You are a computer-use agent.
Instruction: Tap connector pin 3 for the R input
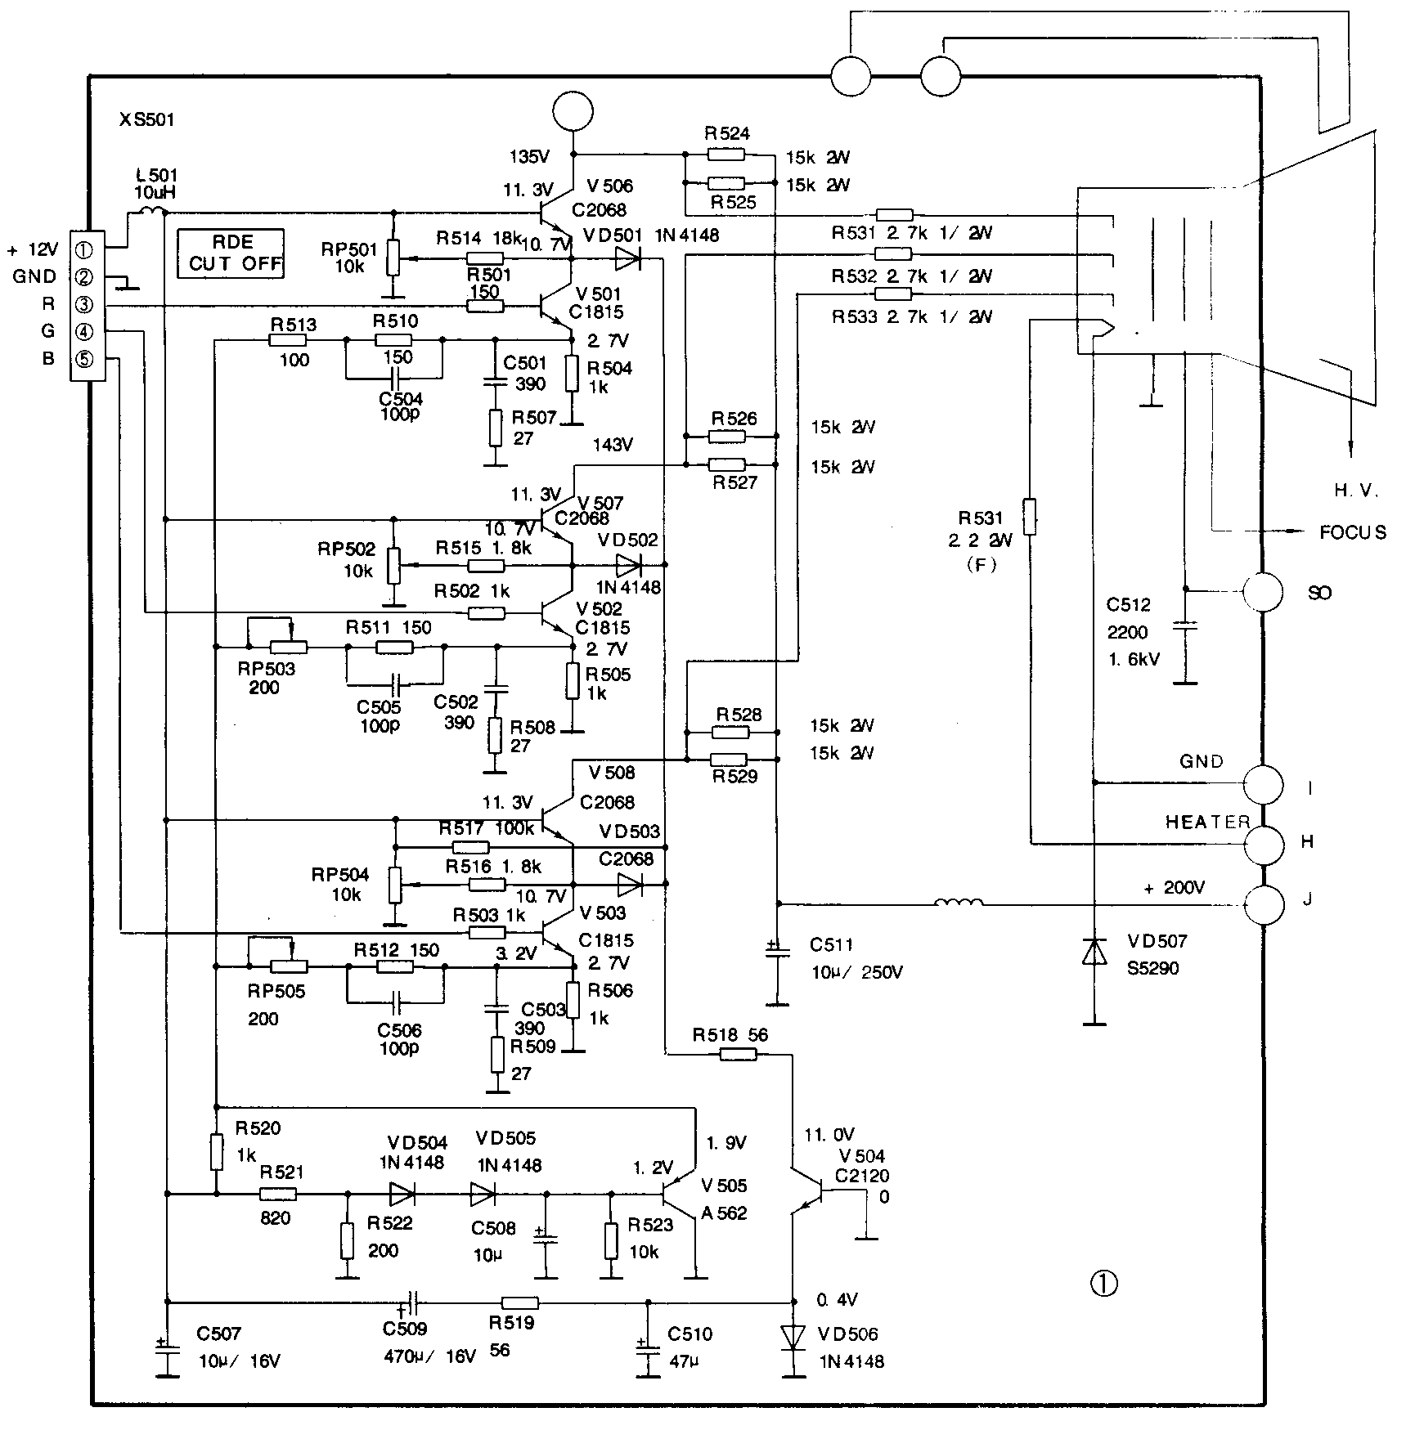coord(84,305)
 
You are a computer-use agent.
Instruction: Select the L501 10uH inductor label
coord(155,184)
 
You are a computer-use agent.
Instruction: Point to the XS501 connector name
coord(147,120)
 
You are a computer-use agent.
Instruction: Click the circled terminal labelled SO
coord(1263,592)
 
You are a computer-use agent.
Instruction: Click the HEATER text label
coord(1207,822)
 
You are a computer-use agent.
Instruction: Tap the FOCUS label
coord(1353,533)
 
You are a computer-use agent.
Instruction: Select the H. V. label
coord(1356,491)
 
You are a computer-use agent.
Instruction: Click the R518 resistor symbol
coord(739,1055)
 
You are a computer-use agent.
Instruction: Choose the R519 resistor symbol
coord(519,1302)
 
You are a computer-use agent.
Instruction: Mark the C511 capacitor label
coord(832,945)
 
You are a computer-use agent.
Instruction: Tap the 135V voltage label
coord(530,156)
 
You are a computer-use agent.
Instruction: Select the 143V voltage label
coord(613,445)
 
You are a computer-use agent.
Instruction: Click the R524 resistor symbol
coord(725,155)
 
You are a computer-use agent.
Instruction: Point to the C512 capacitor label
coord(1129,605)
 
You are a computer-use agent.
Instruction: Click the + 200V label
coord(1175,888)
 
